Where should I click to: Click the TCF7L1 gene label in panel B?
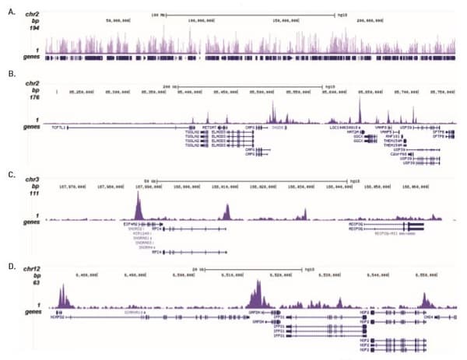[57, 127]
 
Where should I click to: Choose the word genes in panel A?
[33, 58]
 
